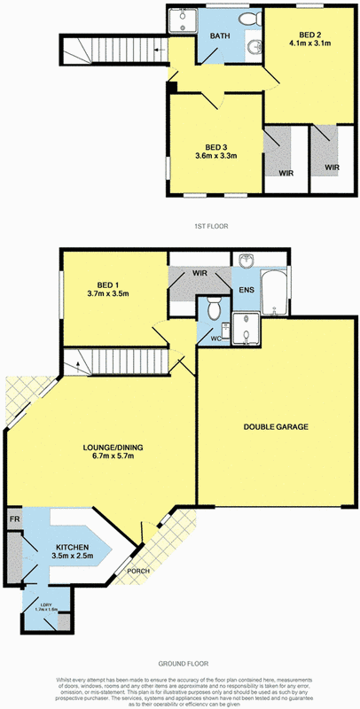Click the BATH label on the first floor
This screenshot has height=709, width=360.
(x=220, y=35)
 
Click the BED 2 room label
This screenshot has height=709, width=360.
(x=309, y=29)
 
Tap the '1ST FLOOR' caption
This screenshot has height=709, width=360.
(x=211, y=226)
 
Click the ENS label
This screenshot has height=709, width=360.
(x=246, y=290)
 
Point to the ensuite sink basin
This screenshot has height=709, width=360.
(x=247, y=261)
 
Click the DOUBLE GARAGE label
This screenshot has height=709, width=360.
(x=276, y=426)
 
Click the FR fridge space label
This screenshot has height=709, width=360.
(x=15, y=516)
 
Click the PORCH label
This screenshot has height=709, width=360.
(x=137, y=571)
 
